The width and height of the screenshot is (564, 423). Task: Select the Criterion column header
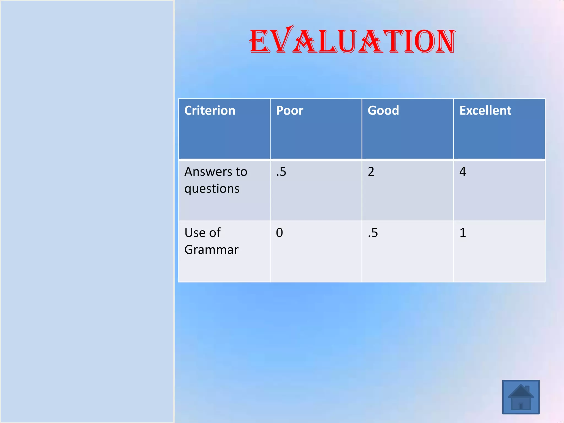(x=210, y=110)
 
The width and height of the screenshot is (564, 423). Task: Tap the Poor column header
(x=289, y=110)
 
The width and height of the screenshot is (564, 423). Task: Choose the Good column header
(x=383, y=110)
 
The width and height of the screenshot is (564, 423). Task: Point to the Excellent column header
(x=485, y=110)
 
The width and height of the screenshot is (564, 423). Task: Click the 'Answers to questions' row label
(x=216, y=180)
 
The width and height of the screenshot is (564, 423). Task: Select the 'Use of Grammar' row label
(x=211, y=241)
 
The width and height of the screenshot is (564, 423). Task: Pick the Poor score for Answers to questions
(x=281, y=172)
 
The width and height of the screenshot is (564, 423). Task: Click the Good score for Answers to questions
(x=371, y=172)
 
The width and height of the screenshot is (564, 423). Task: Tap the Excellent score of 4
(x=463, y=172)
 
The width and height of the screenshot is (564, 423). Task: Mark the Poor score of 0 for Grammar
(x=279, y=233)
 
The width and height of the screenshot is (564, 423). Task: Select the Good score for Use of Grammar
(x=373, y=233)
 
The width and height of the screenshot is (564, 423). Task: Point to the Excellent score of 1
(x=463, y=233)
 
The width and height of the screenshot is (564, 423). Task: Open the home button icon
(x=521, y=397)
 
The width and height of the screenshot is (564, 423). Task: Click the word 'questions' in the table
(x=212, y=189)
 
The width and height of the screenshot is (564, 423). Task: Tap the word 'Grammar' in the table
(x=211, y=250)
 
